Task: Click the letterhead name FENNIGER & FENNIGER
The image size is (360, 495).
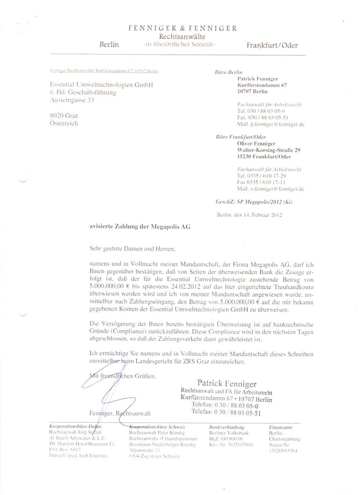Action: click(182, 29)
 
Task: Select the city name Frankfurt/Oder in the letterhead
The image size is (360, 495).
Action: click(272, 45)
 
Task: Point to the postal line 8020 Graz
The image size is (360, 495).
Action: click(65, 116)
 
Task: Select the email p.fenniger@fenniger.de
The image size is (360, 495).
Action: click(270, 124)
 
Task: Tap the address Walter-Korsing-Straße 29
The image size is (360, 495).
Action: click(269, 150)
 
